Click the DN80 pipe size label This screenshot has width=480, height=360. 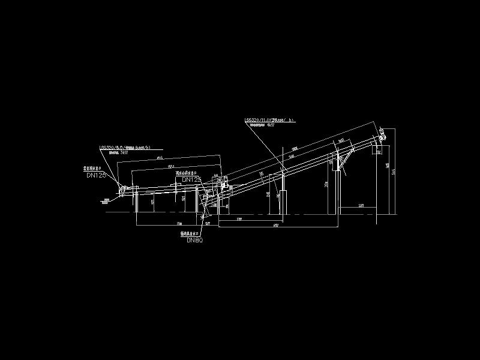pyautogui.click(x=195, y=240)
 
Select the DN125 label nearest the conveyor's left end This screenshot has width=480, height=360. pyautogui.click(x=96, y=176)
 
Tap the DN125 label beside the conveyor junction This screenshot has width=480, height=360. pyautogui.click(x=191, y=179)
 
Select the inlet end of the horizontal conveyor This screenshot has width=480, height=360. pyautogui.click(x=122, y=191)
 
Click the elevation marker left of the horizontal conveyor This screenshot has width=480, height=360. pyautogui.click(x=107, y=200)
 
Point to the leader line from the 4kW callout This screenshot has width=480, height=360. pyautogui.click(x=264, y=147)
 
